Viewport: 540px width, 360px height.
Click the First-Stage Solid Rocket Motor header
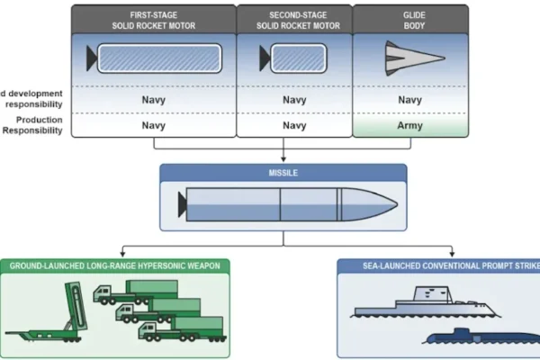[153, 17]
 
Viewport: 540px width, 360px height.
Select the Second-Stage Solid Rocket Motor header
[292, 17]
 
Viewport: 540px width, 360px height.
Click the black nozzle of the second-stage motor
[265, 58]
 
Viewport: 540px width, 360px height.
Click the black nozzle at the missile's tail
[183, 204]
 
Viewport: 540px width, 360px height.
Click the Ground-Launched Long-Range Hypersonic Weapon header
[115, 266]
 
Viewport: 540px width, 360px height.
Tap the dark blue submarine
[468, 336]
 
